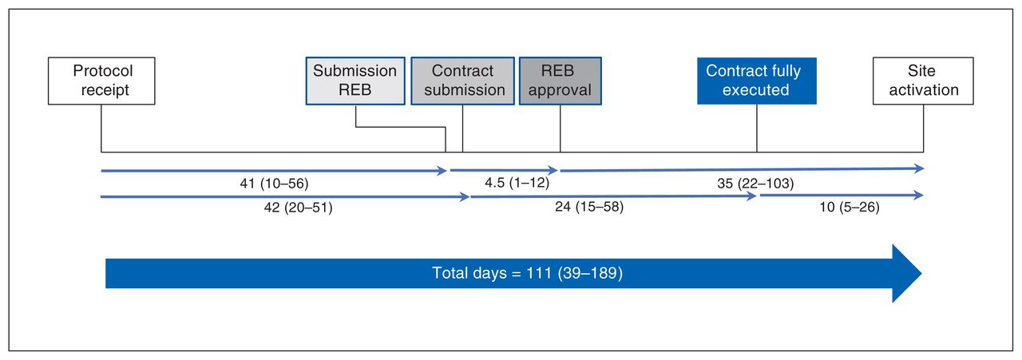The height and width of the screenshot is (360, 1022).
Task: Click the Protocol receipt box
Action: point(101,81)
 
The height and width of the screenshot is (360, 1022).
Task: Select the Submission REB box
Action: point(355,81)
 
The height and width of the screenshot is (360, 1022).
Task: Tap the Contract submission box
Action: point(462,81)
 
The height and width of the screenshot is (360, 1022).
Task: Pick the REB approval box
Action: point(561,81)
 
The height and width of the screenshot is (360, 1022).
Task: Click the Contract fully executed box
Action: point(757,81)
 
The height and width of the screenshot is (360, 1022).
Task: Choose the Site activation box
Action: point(923,81)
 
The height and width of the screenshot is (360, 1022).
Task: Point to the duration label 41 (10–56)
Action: point(274,184)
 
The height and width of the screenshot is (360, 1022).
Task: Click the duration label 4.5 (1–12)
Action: point(517,183)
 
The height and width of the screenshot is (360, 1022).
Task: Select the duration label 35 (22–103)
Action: point(755,184)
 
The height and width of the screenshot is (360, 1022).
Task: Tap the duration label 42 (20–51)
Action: point(299,208)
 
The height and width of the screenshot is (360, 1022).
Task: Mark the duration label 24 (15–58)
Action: point(589,207)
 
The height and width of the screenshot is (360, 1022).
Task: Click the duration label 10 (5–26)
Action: point(850,208)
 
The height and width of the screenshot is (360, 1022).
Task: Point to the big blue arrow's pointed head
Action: point(921,273)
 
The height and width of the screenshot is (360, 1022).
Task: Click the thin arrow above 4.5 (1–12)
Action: point(504,170)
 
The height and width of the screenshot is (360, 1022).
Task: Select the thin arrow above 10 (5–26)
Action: point(842,196)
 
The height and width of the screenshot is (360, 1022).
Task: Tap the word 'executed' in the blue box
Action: point(755,90)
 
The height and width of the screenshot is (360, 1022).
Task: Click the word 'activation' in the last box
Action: point(924,90)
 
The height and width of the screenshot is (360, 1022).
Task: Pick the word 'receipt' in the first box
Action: point(105,90)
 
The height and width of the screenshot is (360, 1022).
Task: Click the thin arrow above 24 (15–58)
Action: point(614,196)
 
